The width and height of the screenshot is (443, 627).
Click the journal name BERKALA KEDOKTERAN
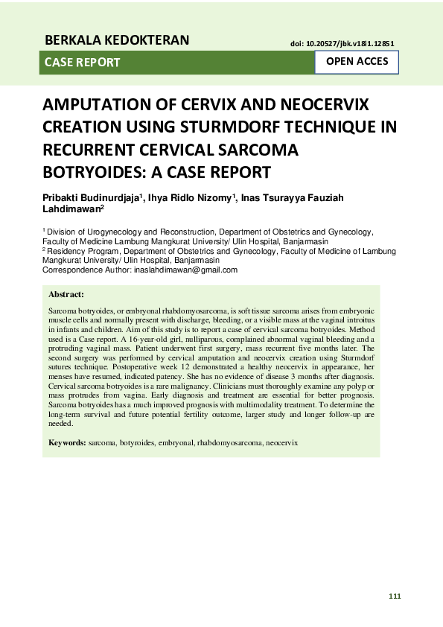(x=117, y=39)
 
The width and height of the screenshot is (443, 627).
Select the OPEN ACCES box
(x=357, y=62)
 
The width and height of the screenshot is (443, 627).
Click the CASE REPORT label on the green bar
(x=82, y=63)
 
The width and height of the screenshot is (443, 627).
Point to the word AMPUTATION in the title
(x=98, y=104)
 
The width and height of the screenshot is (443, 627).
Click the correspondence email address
(x=185, y=270)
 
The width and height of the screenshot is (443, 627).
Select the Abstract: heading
(x=66, y=296)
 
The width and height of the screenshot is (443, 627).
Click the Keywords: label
(x=67, y=442)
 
